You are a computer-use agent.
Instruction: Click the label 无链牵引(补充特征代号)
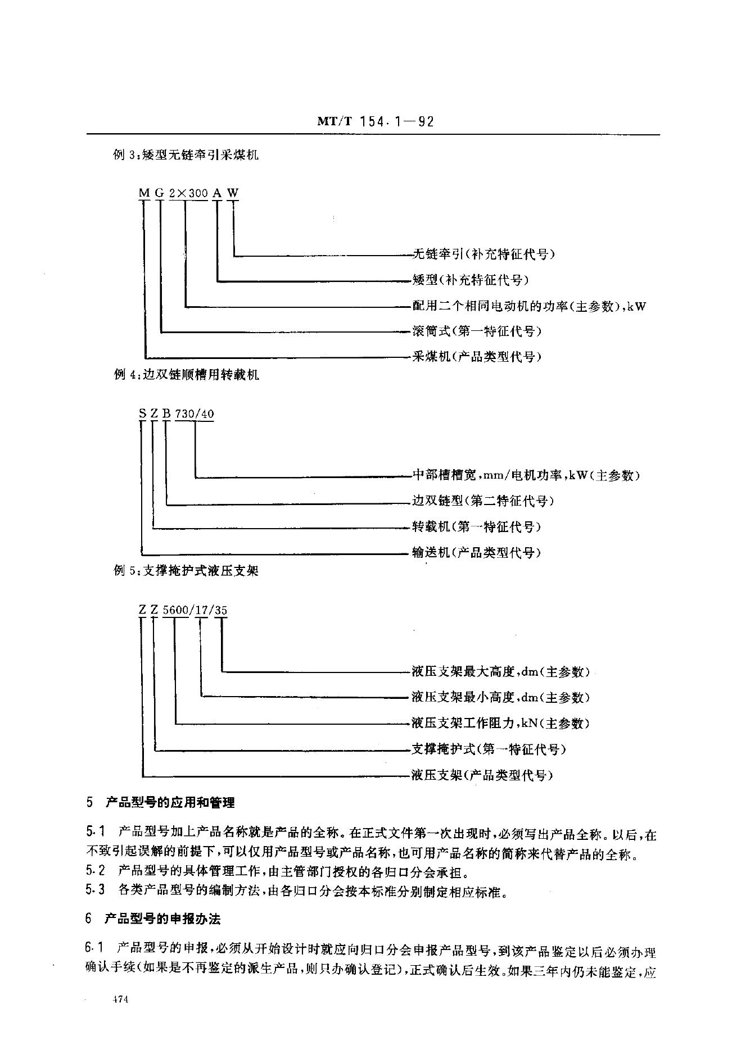click(484, 254)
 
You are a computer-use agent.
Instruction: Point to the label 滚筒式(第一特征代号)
click(477, 331)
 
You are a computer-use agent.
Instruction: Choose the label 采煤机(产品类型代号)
click(477, 356)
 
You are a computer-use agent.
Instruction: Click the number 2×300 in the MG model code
click(188, 193)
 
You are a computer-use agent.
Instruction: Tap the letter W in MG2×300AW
click(233, 193)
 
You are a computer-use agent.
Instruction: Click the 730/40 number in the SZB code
click(195, 414)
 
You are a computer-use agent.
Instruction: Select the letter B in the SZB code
click(166, 414)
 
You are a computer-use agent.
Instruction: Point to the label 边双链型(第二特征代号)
click(483, 501)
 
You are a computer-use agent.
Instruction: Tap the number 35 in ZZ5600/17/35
click(221, 610)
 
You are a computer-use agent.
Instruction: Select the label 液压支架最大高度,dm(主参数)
click(500, 671)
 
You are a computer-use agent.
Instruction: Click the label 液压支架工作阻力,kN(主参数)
click(500, 723)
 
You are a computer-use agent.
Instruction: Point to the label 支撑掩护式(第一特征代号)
click(489, 749)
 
